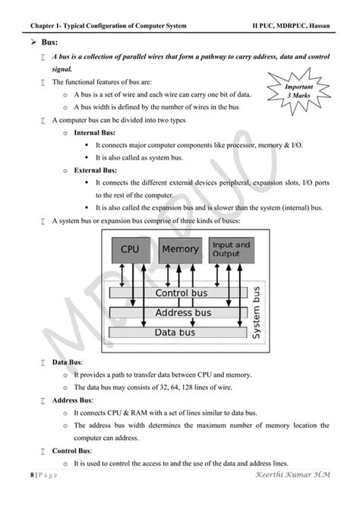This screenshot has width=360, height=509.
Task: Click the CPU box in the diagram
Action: point(130,249)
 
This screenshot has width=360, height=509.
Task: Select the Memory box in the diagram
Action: point(180,249)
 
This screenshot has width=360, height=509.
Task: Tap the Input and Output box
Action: point(231,249)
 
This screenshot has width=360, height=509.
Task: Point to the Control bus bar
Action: point(181,292)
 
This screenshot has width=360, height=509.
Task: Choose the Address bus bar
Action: point(181,312)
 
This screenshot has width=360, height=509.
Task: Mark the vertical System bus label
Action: point(257,312)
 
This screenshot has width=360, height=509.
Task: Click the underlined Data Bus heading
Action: point(68,362)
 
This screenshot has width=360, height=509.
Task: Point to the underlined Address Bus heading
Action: point(72,400)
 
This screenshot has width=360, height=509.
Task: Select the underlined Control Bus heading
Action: point(71,451)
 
